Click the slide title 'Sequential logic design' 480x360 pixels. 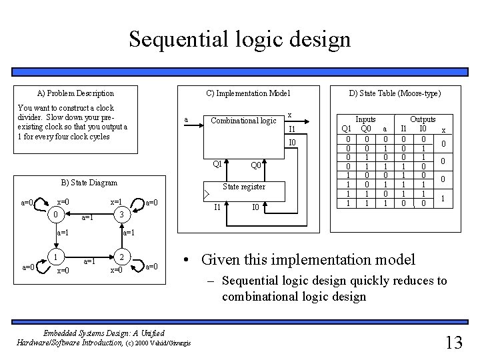click(239, 39)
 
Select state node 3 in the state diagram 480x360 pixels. click(120, 215)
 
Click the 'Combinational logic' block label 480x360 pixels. click(243, 121)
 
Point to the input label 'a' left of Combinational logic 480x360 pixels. click(186, 120)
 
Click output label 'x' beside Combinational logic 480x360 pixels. click(289, 115)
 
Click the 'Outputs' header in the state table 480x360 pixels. click(423, 119)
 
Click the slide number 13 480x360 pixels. click(453, 342)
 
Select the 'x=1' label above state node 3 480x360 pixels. click(116, 201)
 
